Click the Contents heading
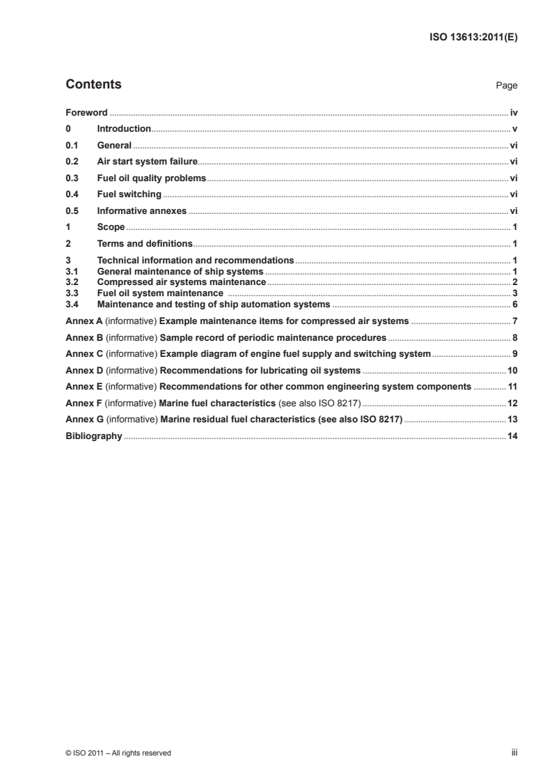click(93, 84)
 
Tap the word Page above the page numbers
click(506, 86)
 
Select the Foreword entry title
click(86, 112)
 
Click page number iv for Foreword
click(513, 112)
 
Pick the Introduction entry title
click(124, 128)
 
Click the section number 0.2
click(71, 161)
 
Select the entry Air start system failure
click(148, 161)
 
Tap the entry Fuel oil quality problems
click(152, 178)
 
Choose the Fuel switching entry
click(129, 194)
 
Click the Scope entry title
click(111, 227)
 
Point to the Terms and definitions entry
click(145, 243)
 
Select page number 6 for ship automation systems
click(514, 305)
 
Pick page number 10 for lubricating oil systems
click(512, 370)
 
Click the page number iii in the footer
click(514, 753)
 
